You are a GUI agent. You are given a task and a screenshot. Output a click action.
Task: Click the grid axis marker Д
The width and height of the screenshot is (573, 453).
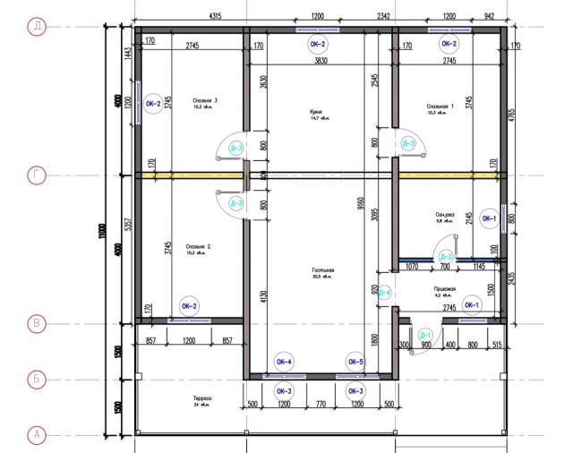pos(37,27)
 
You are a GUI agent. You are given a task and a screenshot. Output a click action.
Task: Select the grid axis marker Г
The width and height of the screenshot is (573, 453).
pos(37,175)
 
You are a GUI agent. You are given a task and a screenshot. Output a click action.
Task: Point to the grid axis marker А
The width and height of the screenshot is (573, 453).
pos(37,435)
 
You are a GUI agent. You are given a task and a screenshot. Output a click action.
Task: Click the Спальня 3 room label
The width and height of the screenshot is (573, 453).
pos(205,102)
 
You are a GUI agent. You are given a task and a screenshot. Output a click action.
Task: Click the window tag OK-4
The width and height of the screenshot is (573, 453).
pos(284,362)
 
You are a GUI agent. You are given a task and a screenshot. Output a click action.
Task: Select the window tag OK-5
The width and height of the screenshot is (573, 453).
pos(355,362)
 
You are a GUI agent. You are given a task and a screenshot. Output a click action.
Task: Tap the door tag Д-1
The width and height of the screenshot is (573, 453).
pos(425,334)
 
